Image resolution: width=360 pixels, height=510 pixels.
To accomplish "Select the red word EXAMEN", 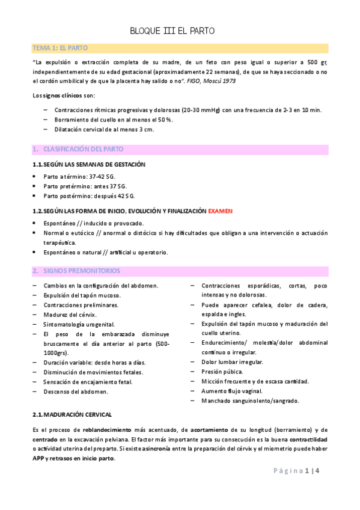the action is [220, 211].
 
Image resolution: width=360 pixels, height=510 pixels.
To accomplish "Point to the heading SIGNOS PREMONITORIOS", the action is [81, 271].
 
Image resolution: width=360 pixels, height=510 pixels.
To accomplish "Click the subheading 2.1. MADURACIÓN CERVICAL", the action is [72, 415].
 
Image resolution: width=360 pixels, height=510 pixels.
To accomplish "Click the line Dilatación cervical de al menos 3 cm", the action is [96, 129].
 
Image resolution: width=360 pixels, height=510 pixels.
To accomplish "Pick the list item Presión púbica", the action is [222, 372].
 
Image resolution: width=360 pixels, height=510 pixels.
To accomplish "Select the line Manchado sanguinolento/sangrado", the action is [250, 401].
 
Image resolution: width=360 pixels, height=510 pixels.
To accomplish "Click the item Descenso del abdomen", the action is [76, 392].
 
